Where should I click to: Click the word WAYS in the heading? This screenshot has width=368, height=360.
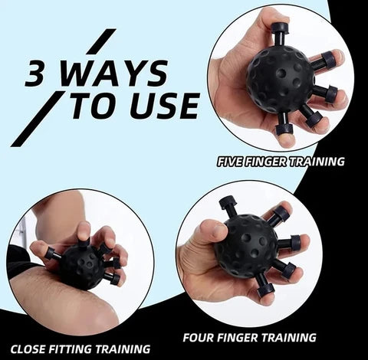coord(115,74)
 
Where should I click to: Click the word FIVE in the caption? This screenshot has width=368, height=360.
coord(233,162)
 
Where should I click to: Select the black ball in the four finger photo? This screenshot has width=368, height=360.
coord(246,246)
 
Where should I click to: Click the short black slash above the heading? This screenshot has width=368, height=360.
coord(102,41)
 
